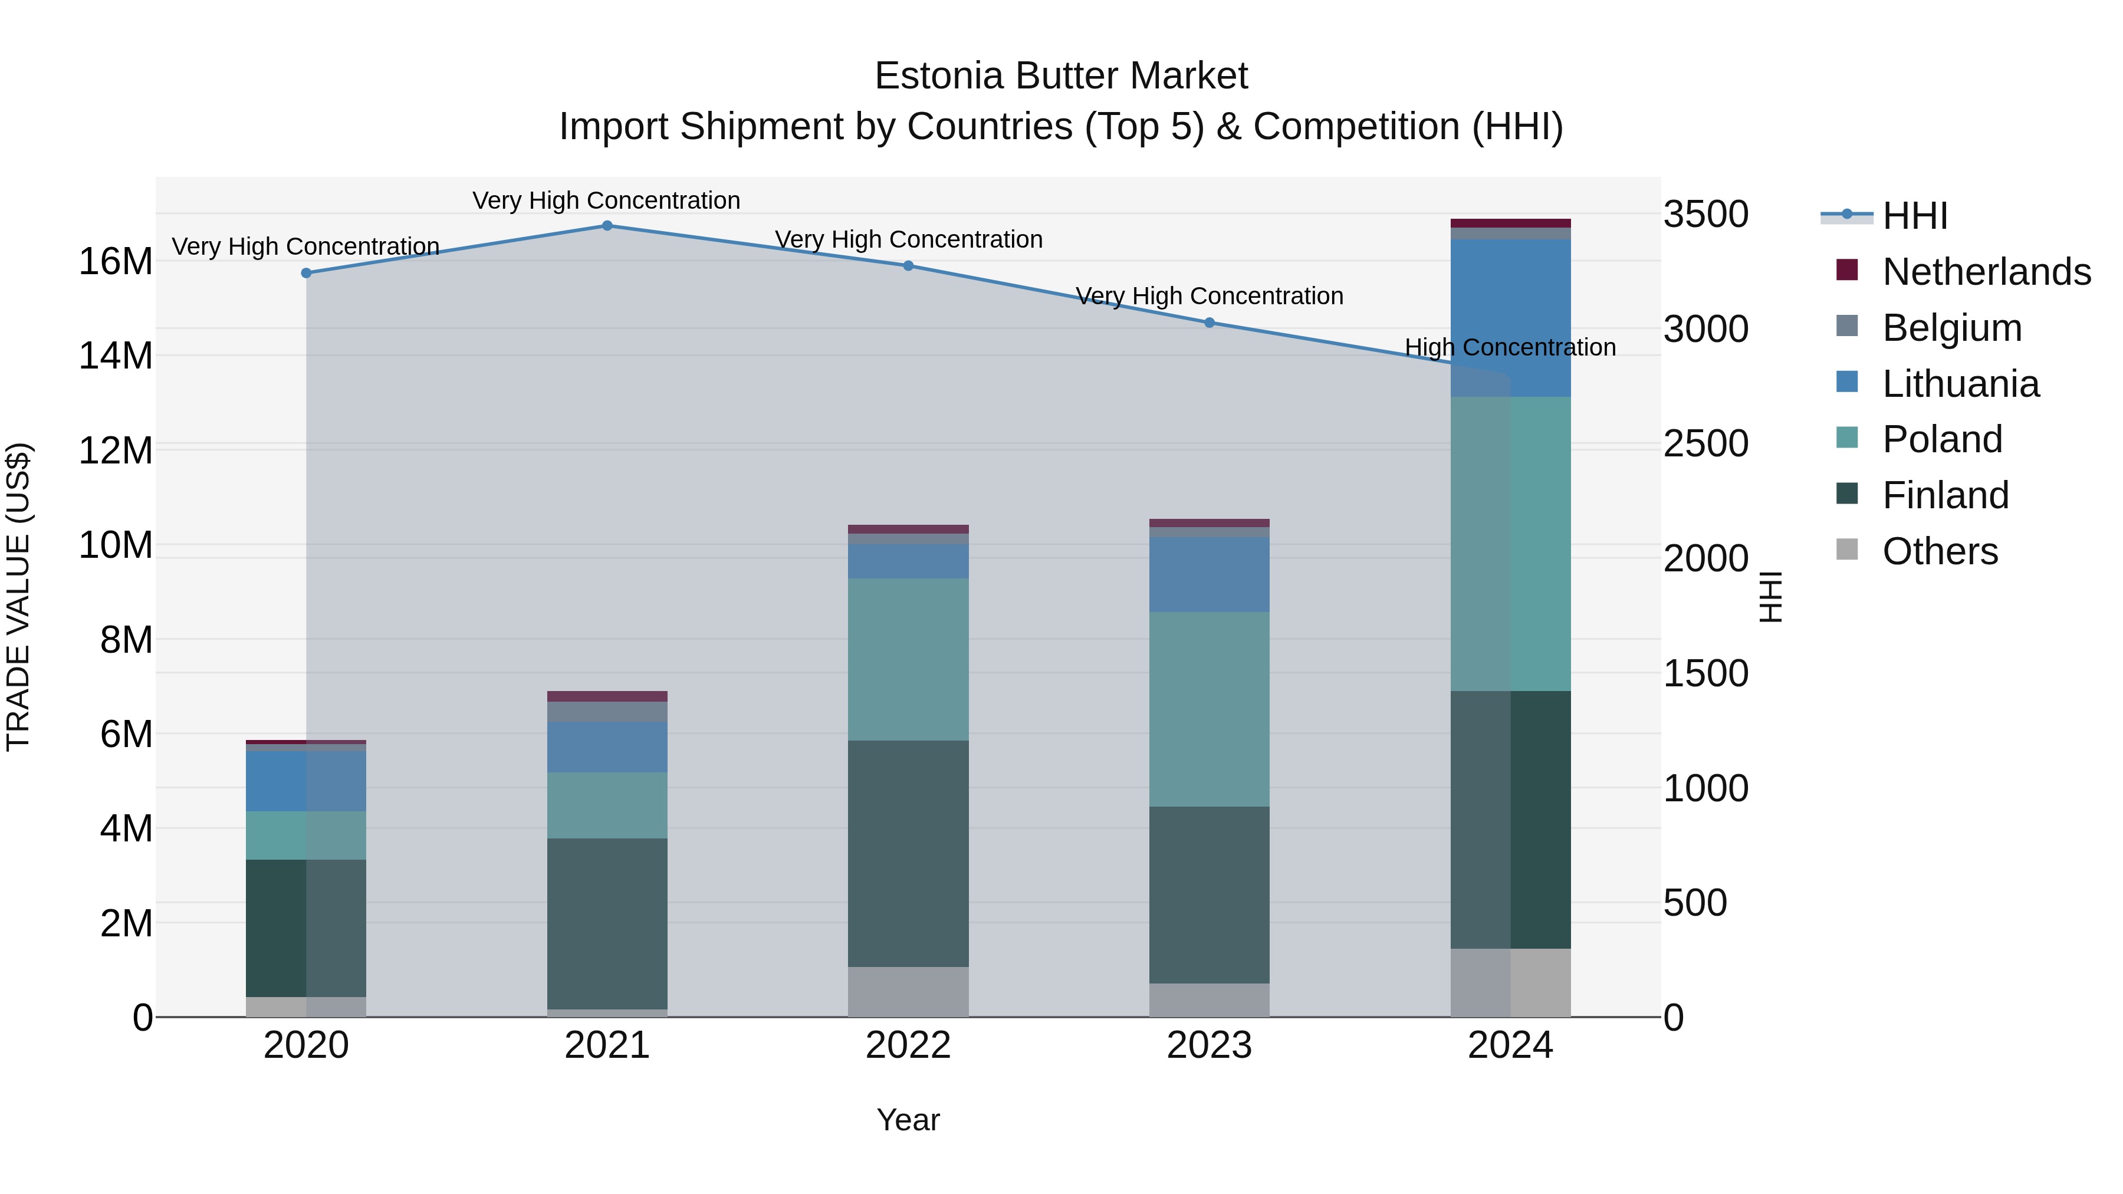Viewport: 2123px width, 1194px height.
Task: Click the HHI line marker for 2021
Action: click(x=607, y=226)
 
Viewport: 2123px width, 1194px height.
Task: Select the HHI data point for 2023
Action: click(x=1209, y=323)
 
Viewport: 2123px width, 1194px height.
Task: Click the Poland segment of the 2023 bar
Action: click(x=1209, y=709)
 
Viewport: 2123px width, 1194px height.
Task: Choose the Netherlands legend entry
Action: click(x=1986, y=272)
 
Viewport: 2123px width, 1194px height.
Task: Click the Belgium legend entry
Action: click(x=1951, y=328)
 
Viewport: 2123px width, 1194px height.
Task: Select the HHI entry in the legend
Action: click(x=1914, y=216)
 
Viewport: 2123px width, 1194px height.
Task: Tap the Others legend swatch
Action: click(x=1847, y=550)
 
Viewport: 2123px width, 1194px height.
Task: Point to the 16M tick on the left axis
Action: click(x=116, y=262)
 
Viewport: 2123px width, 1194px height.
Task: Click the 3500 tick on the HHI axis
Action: click(x=1705, y=214)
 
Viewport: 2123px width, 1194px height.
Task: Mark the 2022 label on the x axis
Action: click(x=908, y=1045)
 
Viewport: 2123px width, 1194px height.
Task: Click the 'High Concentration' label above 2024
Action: click(x=1510, y=348)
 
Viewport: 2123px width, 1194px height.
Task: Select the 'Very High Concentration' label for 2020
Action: click(x=305, y=246)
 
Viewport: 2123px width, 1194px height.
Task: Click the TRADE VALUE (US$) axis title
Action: click(x=18, y=597)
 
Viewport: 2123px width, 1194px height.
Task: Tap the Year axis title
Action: click(x=908, y=1120)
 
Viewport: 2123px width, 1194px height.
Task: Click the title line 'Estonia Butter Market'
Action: click(x=1061, y=76)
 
